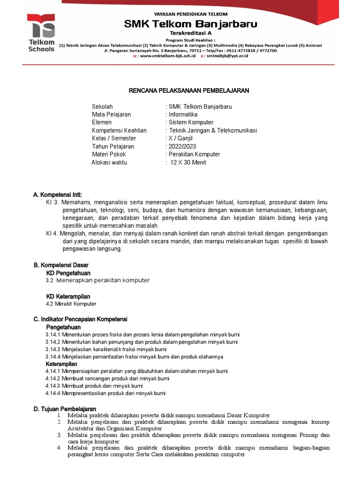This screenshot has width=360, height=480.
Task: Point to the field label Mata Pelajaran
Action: [x=111, y=114]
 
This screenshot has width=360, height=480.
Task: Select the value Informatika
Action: [x=183, y=114]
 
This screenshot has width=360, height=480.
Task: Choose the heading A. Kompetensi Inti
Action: [x=60, y=195]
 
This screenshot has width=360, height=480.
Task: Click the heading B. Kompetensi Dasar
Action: [x=62, y=265]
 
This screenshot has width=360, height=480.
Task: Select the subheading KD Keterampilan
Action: [x=68, y=297]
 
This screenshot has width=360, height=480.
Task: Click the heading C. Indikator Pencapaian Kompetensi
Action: [x=80, y=319]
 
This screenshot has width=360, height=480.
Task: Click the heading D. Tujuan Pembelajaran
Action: [x=65, y=409]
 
